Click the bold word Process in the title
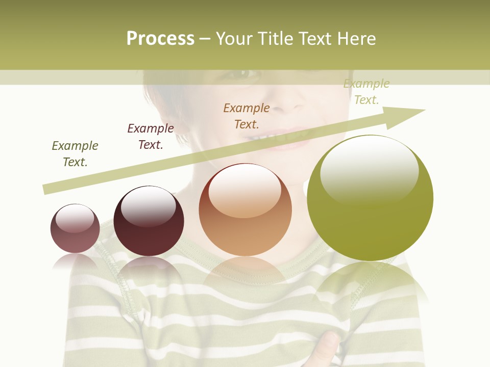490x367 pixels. click(x=160, y=39)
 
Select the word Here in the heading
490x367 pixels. click(x=356, y=39)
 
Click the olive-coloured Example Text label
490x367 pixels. click(x=75, y=154)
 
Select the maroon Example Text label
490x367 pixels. click(x=151, y=137)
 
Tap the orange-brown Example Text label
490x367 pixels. click(x=247, y=116)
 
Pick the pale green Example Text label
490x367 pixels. click(x=366, y=92)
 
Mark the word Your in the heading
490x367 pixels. click(x=235, y=39)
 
